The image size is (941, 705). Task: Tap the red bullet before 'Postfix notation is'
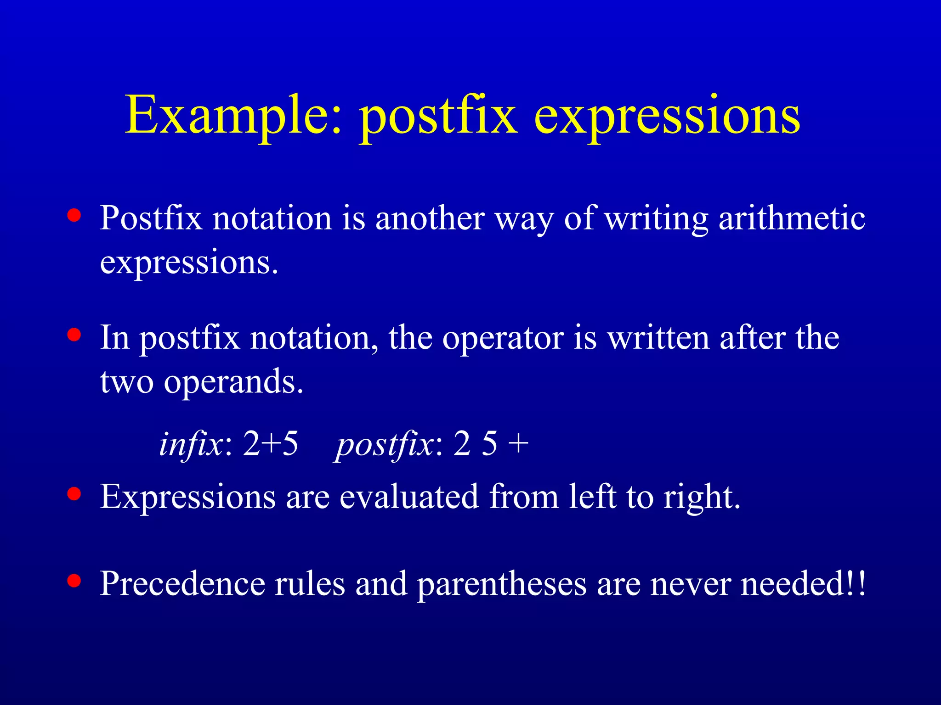pyautogui.click(x=74, y=215)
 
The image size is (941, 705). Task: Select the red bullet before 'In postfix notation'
pyautogui.click(x=74, y=335)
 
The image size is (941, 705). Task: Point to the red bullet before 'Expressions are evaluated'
pyautogui.click(x=74, y=494)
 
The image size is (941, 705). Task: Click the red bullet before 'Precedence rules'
pyautogui.click(x=74, y=581)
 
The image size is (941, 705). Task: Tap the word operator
pyautogui.click(x=503, y=338)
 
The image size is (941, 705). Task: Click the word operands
pyautogui.click(x=233, y=382)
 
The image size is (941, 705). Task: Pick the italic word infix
pyautogui.click(x=191, y=444)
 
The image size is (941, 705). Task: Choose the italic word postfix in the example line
pyautogui.click(x=384, y=444)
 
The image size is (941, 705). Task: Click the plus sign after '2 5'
pyautogui.click(x=519, y=444)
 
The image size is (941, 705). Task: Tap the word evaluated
pyautogui.click(x=409, y=497)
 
